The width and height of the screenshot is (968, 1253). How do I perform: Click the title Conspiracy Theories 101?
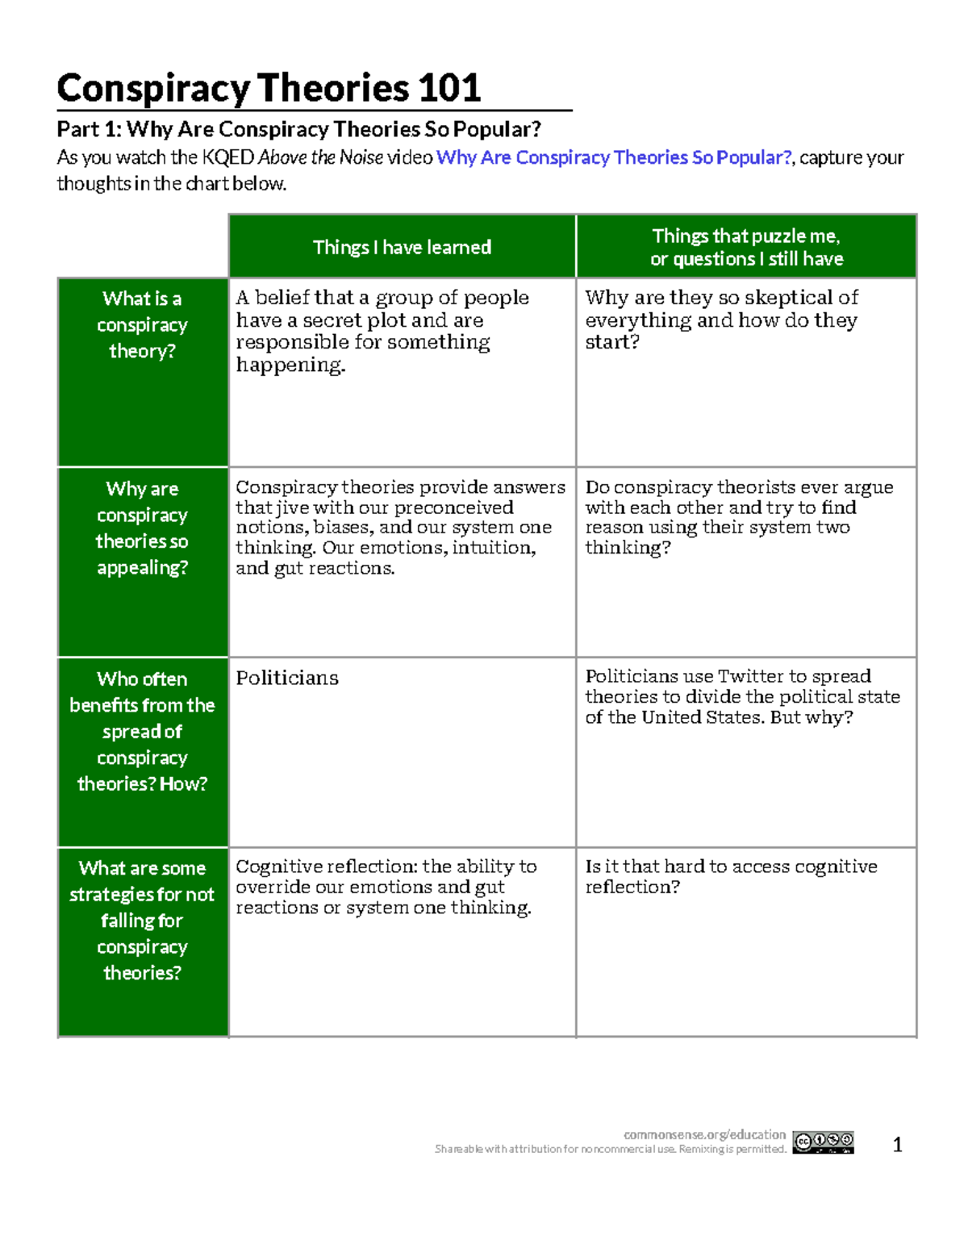click(269, 88)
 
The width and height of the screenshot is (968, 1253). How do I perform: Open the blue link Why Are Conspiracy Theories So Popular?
click(613, 157)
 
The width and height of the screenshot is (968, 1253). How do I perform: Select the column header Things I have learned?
click(402, 247)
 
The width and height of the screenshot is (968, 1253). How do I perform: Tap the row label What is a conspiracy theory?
click(142, 324)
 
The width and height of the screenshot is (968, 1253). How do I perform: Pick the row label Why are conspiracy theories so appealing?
click(142, 528)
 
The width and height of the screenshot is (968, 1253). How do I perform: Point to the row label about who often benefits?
click(142, 731)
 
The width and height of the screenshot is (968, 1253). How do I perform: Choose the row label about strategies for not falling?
click(142, 920)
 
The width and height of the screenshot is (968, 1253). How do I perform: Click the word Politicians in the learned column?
click(287, 678)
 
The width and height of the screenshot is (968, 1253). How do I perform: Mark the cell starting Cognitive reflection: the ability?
click(386, 887)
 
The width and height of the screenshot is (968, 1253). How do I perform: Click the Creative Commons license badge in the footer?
click(823, 1142)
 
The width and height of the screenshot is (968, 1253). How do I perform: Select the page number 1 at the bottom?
click(897, 1144)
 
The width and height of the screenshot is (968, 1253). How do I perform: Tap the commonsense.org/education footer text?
click(704, 1134)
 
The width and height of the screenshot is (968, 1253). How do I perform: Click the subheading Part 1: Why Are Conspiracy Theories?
click(298, 129)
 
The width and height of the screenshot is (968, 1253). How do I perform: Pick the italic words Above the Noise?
click(320, 157)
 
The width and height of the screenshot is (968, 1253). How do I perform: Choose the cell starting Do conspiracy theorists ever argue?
click(739, 517)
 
